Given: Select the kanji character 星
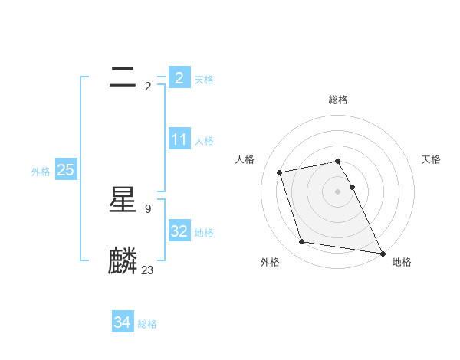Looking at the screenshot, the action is [x=123, y=201].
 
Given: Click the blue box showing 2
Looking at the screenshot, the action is [x=179, y=77].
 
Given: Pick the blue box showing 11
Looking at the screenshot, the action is [x=179, y=139].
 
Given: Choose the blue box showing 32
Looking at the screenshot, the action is [x=179, y=231].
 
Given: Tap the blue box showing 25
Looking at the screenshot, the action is [x=65, y=170].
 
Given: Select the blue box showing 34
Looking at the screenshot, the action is [x=122, y=322].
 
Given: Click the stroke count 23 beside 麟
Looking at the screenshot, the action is [x=148, y=270].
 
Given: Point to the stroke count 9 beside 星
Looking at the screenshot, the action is [x=148, y=208].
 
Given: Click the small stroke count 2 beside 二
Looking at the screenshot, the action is [x=148, y=86].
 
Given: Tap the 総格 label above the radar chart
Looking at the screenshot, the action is [x=338, y=100].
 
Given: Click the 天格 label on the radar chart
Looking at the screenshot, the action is [x=431, y=159].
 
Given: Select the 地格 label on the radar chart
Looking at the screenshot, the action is [x=402, y=262].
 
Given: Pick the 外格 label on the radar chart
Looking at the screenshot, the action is [x=270, y=262].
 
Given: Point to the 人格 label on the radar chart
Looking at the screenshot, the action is [x=245, y=159].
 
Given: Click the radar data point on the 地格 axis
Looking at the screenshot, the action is [x=381, y=253].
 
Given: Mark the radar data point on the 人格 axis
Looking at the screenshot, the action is [x=280, y=172].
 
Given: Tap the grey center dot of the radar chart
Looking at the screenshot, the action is [x=337, y=191].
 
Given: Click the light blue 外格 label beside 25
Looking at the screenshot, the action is [x=41, y=172].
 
